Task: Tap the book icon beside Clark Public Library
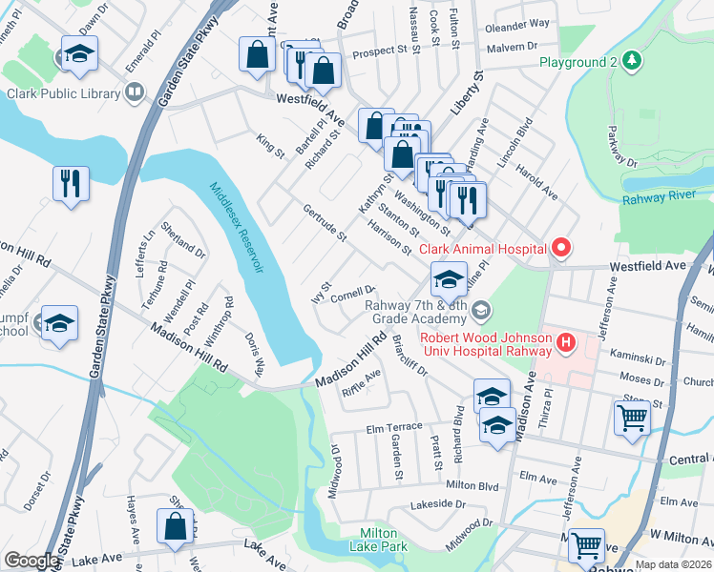click(135, 92)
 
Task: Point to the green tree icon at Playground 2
click(631, 62)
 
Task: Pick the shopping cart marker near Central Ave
click(632, 417)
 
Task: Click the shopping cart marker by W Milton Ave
click(585, 545)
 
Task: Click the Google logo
click(31, 561)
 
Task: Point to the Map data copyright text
click(672, 564)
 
